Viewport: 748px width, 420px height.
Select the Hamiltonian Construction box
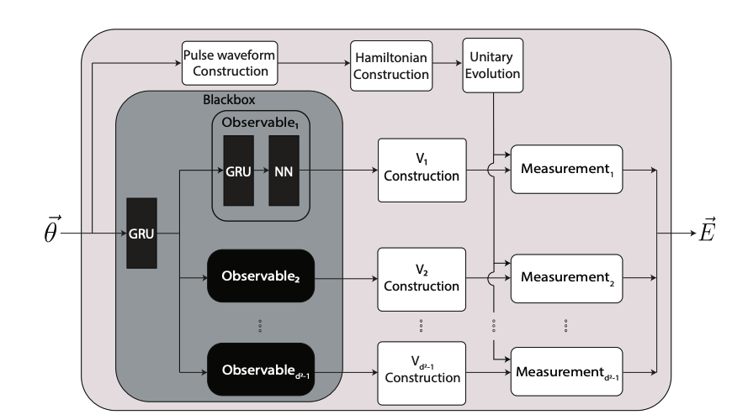[391, 65]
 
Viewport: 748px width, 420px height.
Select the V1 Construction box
[420, 170]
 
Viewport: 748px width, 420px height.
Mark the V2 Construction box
[420, 278]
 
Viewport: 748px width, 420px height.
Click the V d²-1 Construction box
[420, 369]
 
